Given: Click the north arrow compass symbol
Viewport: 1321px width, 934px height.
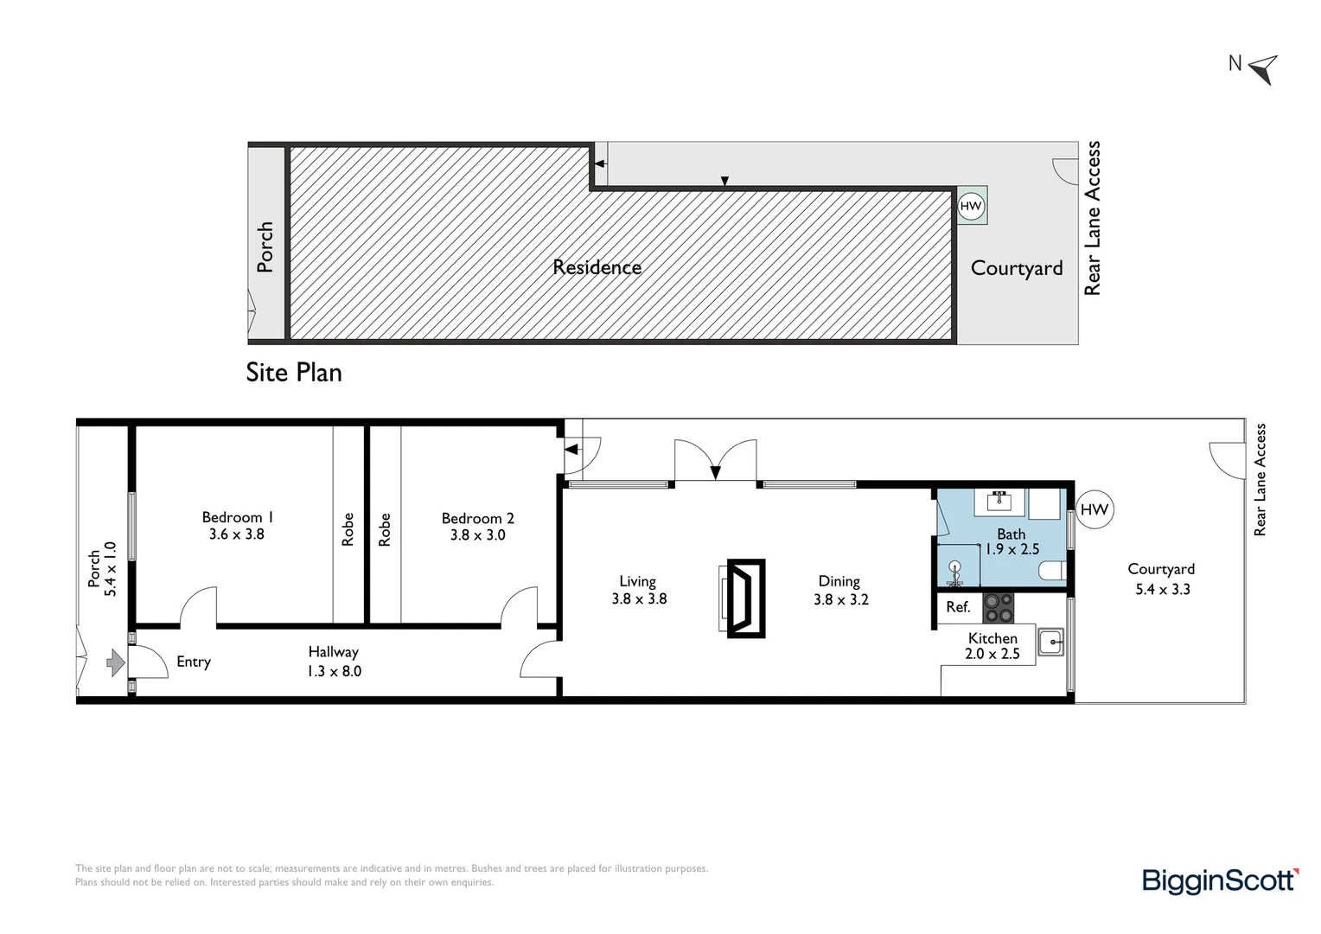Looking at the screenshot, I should coord(1264,68).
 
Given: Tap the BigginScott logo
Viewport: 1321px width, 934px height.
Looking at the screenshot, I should coord(1220,880).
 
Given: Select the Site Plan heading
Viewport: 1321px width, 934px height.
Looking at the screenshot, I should coord(294,373).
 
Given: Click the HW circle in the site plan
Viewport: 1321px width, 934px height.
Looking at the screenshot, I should coord(971,206).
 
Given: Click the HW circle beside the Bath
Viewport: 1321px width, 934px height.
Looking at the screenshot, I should coord(1094,509).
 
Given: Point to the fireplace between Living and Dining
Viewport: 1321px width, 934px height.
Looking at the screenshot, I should coord(745,598).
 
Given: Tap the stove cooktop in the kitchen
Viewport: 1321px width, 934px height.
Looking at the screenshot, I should coord(999,607).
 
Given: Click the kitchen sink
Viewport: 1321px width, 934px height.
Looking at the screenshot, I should coord(1050,642).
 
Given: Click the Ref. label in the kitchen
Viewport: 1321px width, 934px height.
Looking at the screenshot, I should coord(958,607).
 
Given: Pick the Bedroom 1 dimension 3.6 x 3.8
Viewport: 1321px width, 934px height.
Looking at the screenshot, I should coord(237,534).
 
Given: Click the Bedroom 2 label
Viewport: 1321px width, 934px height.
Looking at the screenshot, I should coord(477,518).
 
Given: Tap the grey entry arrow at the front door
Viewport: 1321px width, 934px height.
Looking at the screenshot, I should coord(116,663).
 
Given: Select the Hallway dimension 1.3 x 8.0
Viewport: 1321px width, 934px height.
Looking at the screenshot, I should coord(334,671).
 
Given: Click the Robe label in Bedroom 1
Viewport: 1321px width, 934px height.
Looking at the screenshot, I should coord(348,529).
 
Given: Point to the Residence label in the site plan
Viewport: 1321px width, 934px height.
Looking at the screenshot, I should coord(597,267).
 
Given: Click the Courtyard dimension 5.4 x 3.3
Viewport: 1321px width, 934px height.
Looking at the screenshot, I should coord(1161,590).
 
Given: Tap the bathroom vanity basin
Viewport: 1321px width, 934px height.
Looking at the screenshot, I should coord(1000,500).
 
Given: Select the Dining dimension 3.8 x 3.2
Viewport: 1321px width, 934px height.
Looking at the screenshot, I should coord(840,599).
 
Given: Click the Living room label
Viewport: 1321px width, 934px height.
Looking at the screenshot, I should coord(637,581).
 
